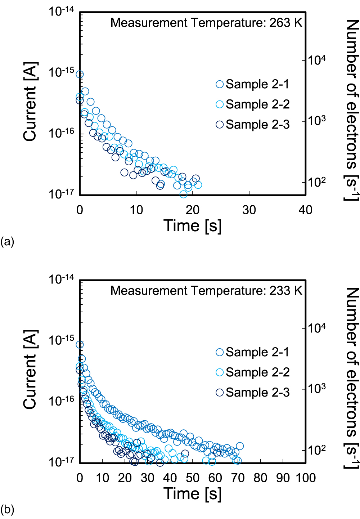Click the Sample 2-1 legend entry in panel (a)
[x=253, y=84]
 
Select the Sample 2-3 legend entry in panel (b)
[x=253, y=393]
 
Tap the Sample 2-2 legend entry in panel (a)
[x=253, y=104]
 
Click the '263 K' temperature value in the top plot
[x=286, y=23]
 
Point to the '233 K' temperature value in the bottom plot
[x=286, y=291]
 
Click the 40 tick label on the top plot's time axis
[x=305, y=210]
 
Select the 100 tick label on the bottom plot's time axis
[x=306, y=478]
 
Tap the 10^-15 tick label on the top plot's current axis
[x=62, y=72]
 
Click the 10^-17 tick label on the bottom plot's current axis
[x=62, y=461]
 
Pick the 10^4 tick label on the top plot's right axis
[x=317, y=60]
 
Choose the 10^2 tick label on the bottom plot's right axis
[x=317, y=450]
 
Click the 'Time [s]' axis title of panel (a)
[x=193, y=226]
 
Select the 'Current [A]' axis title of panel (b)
[x=31, y=370]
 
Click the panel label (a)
[x=7, y=241]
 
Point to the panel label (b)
[x=7, y=509]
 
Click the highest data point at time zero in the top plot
[x=80, y=75]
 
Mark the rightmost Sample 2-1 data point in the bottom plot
[x=239, y=446]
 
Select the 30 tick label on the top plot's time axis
[x=249, y=210]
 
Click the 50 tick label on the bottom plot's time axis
[x=193, y=478]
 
